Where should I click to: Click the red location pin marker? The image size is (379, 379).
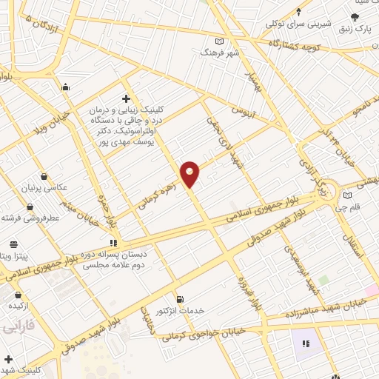click(x=190, y=173)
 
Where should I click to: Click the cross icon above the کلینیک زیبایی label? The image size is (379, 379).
click(x=126, y=98)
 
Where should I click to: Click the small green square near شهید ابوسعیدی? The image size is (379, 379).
click(x=323, y=279)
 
